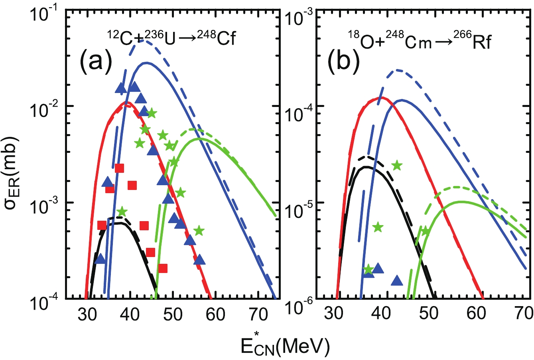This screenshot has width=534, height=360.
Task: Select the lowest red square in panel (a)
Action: (x=163, y=268)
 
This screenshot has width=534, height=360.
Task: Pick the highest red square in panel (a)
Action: (x=119, y=168)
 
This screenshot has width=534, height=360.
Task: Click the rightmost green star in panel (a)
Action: (x=199, y=230)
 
